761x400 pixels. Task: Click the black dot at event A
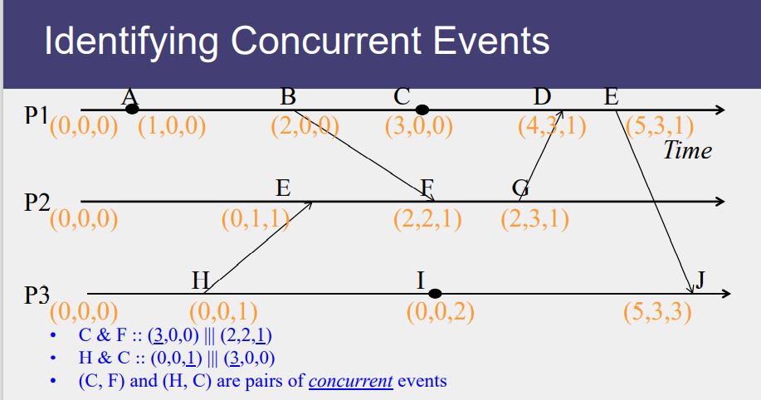131,110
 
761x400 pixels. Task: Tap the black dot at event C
422,110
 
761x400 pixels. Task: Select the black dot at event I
435,293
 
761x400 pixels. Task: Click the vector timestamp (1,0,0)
172,126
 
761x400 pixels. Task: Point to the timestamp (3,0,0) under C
419,126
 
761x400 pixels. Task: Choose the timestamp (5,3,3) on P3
657,311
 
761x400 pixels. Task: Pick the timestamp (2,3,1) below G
534,219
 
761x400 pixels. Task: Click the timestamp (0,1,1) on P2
256,219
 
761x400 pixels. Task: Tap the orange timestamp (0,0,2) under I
440,311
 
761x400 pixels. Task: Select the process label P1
37,115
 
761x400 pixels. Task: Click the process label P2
37,202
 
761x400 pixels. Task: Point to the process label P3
37,295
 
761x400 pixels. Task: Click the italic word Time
688,150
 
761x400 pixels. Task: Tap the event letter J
700,280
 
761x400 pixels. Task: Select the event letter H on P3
201,280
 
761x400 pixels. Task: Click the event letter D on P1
542,97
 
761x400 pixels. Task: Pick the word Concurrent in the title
326,41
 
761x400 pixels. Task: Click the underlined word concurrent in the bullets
350,381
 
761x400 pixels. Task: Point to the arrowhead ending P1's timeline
720,110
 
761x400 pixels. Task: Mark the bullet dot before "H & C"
53,359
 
